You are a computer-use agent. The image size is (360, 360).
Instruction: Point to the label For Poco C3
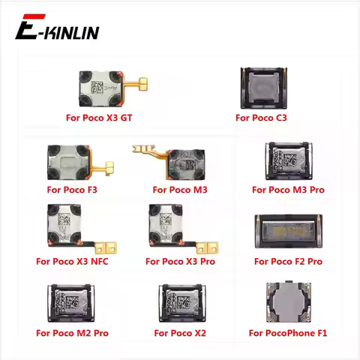pos(261,118)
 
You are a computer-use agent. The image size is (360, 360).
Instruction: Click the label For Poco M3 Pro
pos(288,190)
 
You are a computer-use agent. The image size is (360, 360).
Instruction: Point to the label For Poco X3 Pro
pos(180,262)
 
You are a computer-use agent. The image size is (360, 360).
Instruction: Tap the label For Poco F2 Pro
pos(288,262)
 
